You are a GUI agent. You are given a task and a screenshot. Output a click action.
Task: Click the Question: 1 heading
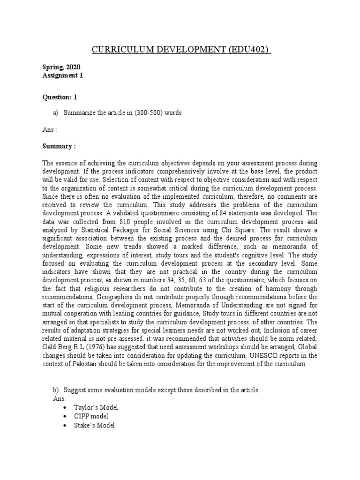[x=60, y=97]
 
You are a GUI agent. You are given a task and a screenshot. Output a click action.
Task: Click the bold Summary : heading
[x=59, y=146]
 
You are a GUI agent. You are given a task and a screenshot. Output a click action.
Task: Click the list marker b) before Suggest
[x=54, y=390]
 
